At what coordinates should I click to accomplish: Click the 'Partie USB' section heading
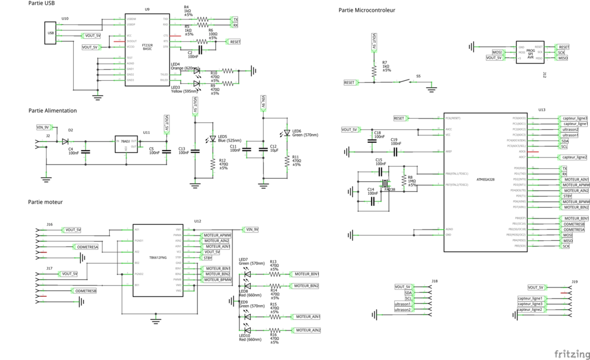click(42, 4)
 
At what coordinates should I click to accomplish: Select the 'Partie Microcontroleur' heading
click(366, 10)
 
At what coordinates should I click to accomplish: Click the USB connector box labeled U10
click(50, 33)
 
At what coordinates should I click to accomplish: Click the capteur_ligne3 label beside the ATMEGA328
click(574, 118)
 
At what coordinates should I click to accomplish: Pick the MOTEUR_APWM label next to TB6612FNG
click(217, 235)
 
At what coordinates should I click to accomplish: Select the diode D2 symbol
click(65, 141)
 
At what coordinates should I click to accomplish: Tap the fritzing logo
click(570, 353)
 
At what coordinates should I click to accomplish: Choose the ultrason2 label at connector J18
click(403, 309)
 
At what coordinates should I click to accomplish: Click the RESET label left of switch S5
click(349, 83)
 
